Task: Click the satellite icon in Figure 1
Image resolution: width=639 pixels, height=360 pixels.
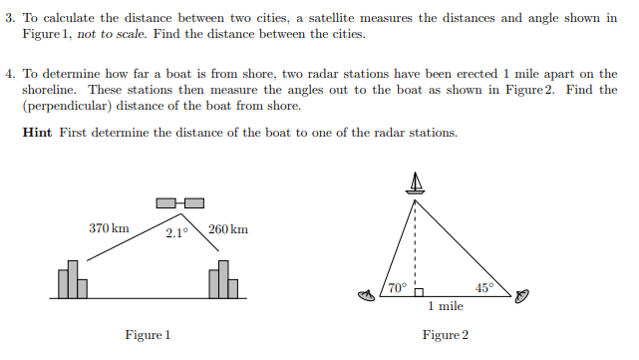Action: point(180,204)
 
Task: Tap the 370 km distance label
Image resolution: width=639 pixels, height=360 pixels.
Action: point(109,228)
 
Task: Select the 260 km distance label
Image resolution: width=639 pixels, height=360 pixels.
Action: point(228,229)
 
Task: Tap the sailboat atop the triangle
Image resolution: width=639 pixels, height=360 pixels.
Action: point(415,182)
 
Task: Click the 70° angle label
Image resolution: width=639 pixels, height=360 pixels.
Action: point(397,288)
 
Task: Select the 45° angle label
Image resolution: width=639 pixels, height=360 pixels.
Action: point(483,288)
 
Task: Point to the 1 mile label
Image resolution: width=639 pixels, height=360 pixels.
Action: point(445,307)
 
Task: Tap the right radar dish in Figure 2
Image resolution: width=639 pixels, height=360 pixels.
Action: point(523,295)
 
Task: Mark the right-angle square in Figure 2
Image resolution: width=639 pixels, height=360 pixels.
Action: point(420,292)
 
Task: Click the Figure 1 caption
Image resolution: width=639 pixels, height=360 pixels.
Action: point(148,335)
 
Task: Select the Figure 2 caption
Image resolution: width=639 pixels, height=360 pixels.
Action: point(445,335)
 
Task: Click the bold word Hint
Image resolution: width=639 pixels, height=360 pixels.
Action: point(39,134)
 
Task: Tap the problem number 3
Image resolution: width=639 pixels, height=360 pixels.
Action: point(8,18)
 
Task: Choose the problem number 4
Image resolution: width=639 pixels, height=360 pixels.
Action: point(8,75)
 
